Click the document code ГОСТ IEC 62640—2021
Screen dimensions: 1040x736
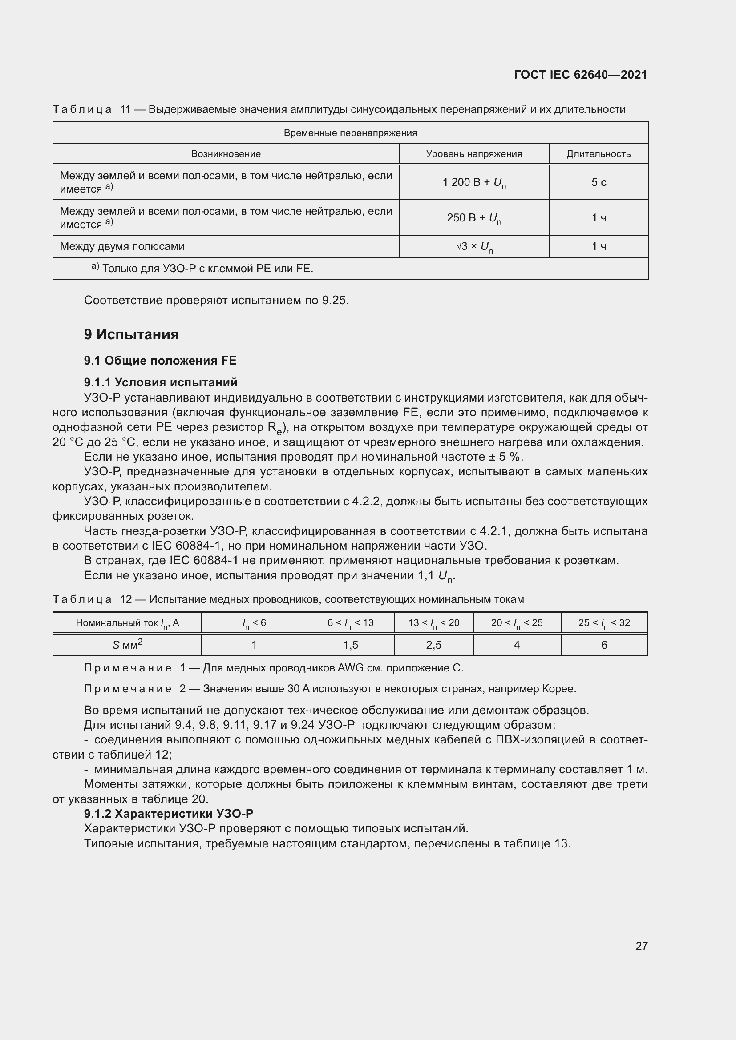pyautogui.click(x=581, y=75)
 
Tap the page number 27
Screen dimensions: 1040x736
pyautogui.click(x=641, y=946)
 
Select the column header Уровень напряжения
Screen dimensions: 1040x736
pyautogui.click(x=473, y=154)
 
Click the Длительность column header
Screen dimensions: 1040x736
pyautogui.click(x=598, y=154)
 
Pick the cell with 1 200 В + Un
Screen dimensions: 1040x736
pyautogui.click(x=473, y=183)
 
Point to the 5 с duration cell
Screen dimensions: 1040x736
pyautogui.click(x=598, y=183)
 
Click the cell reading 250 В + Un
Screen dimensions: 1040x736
pyautogui.click(x=473, y=218)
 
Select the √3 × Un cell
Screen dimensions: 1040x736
pyautogui.click(x=473, y=247)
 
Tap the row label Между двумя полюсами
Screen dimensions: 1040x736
pyautogui.click(x=122, y=247)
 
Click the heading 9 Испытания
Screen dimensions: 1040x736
pyautogui.click(x=131, y=335)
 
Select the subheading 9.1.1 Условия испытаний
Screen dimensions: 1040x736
pyautogui.click(x=161, y=382)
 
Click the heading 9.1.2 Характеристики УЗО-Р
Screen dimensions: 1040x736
pyautogui.click(x=168, y=814)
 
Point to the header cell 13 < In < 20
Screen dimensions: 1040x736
pyautogui.click(x=434, y=623)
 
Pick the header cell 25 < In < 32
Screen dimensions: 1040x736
pyautogui.click(x=604, y=623)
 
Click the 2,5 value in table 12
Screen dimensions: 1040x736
pyautogui.click(x=434, y=645)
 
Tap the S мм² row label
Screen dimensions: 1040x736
pyautogui.click(x=127, y=645)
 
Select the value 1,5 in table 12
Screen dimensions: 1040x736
pyautogui.click(x=350, y=645)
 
